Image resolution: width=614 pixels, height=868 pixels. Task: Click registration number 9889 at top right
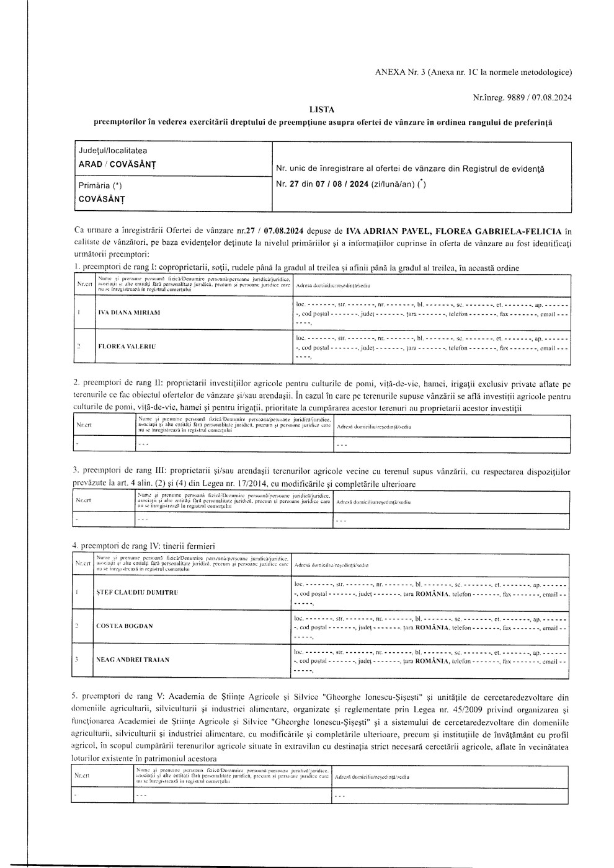[x=517, y=97]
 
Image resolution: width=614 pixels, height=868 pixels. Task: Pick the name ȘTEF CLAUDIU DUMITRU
[x=137, y=593]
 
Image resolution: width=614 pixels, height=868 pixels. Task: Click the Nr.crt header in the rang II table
[x=84, y=427]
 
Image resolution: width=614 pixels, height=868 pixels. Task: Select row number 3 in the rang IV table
[x=76, y=660]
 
